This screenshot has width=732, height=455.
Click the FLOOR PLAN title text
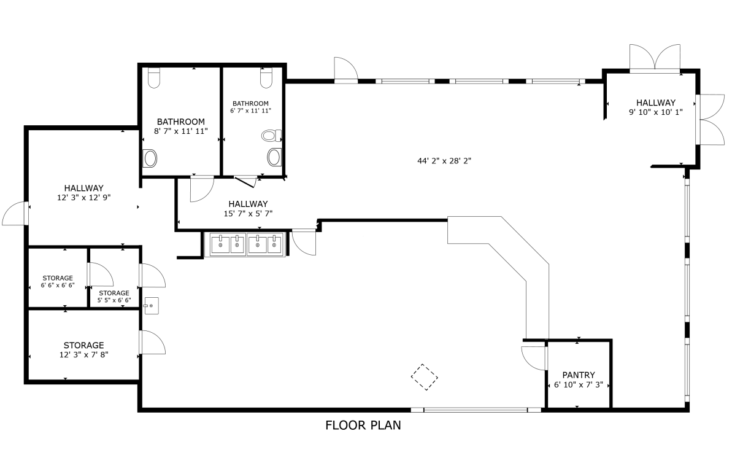[x=363, y=425]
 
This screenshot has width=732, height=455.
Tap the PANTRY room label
[x=579, y=375]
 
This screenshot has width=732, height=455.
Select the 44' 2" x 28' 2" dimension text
[x=444, y=161]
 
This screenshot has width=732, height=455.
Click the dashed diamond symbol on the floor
[x=425, y=376]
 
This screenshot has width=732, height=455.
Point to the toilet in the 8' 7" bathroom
[x=153, y=78]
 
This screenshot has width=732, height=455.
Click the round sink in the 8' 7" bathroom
[x=150, y=158]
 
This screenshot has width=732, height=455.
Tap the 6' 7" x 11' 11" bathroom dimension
[x=250, y=111]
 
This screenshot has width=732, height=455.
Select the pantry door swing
[x=534, y=358]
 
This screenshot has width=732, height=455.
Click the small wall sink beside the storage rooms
[x=152, y=306]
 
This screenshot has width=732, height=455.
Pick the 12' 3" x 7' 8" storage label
[x=83, y=350]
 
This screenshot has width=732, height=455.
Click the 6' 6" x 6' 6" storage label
[x=58, y=281]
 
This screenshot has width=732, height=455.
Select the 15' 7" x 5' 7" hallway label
[x=248, y=208]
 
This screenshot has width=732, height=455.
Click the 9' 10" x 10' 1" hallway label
[x=655, y=107]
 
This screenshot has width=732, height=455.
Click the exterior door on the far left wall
[x=16, y=213]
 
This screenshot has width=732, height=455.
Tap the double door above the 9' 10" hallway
[x=655, y=58]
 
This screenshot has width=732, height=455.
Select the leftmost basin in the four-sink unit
[x=220, y=244]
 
